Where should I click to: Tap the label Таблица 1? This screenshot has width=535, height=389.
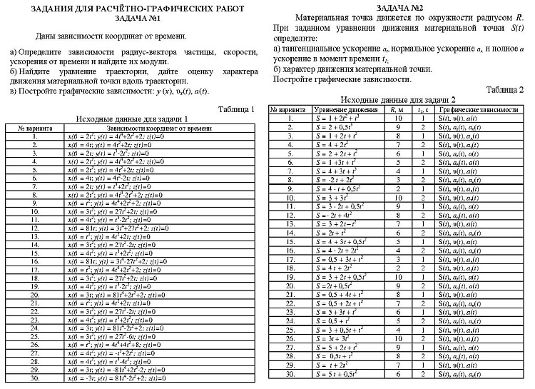tap(237, 109)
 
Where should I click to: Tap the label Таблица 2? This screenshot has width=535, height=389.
tap(506, 89)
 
